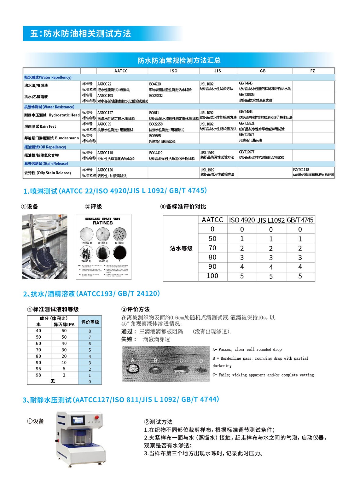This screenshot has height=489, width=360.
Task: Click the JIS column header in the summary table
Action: click(217, 71)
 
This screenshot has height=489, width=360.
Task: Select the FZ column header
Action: click(312, 71)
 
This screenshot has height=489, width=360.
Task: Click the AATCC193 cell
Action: click(105, 96)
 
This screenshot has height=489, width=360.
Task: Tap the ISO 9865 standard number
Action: click(155, 136)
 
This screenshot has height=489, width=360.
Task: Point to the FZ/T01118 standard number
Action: click(301, 170)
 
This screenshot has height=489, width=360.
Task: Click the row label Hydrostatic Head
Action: click(64, 115)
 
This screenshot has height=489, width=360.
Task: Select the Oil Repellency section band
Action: click(45, 147)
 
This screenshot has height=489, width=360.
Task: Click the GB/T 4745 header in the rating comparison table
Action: click(300, 220)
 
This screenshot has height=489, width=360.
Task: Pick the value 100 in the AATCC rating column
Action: click(213, 276)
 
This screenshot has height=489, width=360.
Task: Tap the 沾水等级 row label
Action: click(181, 248)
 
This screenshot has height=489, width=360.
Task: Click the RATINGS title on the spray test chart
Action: click(103, 223)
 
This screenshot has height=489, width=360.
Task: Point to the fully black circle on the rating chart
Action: click(119, 253)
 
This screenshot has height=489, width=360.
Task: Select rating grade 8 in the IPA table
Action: click(90, 331)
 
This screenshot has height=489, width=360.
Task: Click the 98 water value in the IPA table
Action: click(38, 375)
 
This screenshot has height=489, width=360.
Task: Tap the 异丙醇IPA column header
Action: click(64, 325)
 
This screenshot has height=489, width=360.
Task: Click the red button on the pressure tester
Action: click(97, 417)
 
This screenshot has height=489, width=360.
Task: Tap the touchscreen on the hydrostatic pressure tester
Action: click(78, 421)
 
